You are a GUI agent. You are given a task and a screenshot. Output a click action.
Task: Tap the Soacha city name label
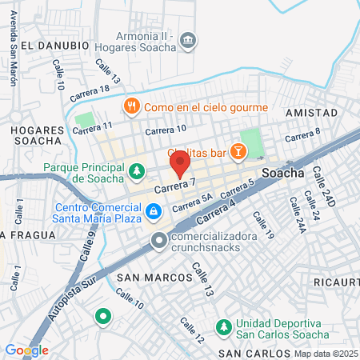coord(282,173)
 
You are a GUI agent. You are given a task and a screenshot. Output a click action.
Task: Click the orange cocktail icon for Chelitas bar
coord(237,151)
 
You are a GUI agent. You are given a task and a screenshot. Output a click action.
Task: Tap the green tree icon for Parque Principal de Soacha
coord(138,170)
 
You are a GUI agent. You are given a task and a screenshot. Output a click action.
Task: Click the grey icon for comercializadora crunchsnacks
coord(159,240)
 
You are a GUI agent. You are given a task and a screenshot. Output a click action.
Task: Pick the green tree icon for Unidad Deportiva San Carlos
coord(224,327)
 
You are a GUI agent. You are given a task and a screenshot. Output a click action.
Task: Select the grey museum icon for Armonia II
coord(187,40)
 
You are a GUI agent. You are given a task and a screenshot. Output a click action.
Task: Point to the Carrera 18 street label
coord(89,93)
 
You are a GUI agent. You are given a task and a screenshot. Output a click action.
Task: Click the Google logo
coord(26,350)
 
